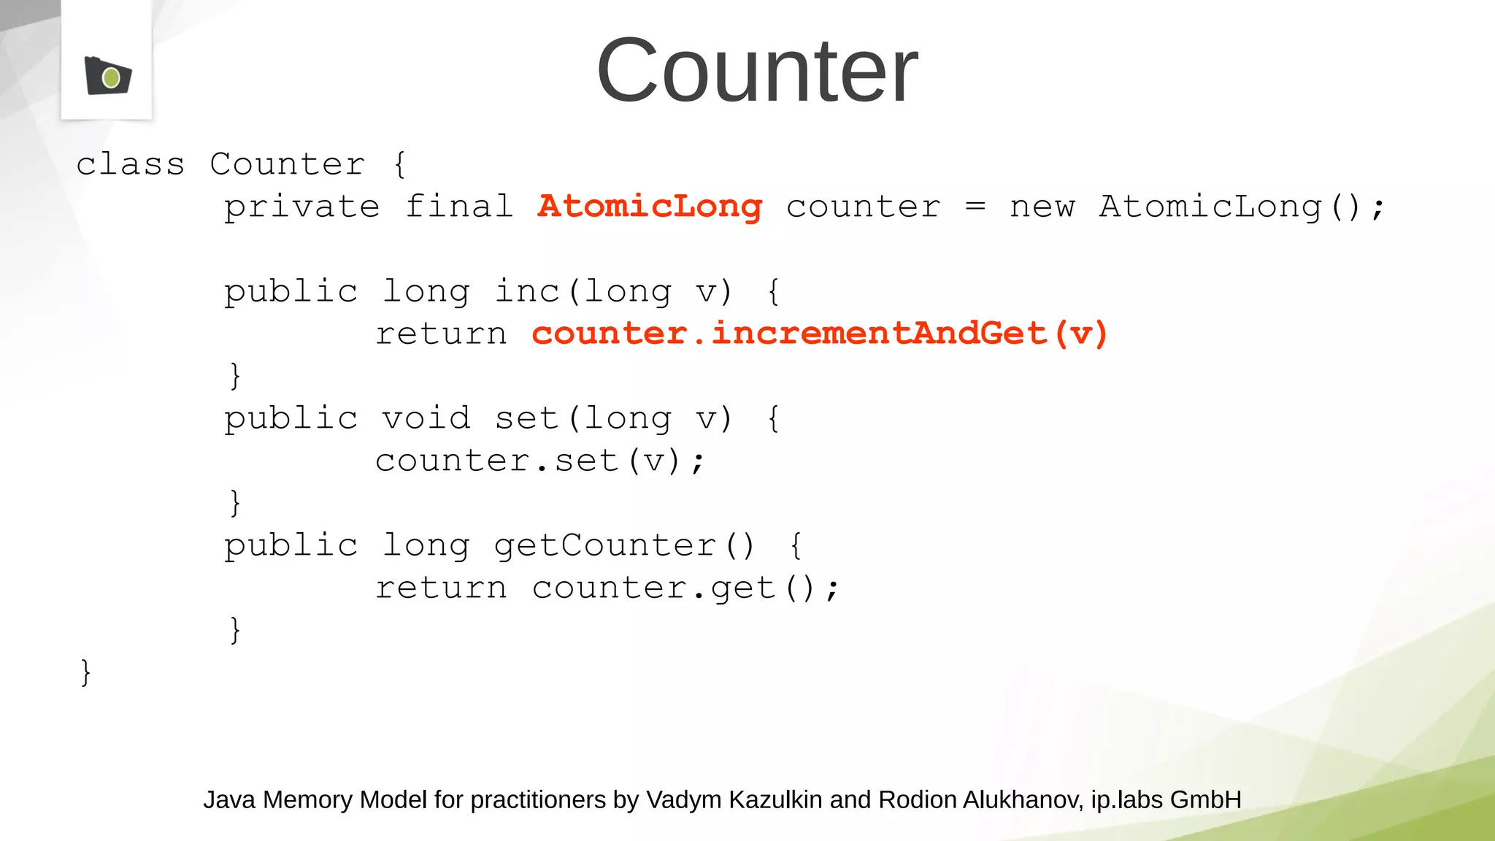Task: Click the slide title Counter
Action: [757, 71]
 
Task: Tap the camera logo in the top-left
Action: [107, 75]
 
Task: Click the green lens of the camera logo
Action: [111, 77]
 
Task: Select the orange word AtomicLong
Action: [650, 207]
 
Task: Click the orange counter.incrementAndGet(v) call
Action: [819, 334]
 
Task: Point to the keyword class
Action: [130, 164]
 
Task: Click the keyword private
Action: [301, 207]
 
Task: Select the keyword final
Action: [459, 207]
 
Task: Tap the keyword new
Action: [1042, 207]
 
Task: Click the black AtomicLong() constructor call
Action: [1229, 207]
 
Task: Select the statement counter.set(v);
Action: [539, 461]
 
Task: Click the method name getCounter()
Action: [624, 545]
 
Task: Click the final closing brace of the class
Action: [85, 672]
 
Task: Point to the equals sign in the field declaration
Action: [975, 207]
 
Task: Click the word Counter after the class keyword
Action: [287, 164]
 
